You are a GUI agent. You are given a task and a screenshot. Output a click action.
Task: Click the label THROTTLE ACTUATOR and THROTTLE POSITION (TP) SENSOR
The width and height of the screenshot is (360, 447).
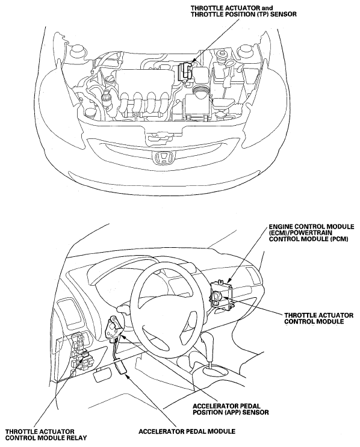pyautogui.click(x=244, y=11)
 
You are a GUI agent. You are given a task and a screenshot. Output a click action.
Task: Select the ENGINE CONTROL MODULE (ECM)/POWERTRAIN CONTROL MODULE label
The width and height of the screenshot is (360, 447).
pyautogui.click(x=311, y=233)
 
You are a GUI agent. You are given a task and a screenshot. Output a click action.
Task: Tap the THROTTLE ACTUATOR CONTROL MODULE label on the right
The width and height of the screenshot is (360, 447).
pyautogui.click(x=318, y=318)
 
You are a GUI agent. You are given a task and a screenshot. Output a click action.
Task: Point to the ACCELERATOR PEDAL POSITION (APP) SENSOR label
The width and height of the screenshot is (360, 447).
pyautogui.click(x=231, y=409)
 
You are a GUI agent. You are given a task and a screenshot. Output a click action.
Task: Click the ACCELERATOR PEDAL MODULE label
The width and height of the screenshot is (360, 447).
pyautogui.click(x=187, y=431)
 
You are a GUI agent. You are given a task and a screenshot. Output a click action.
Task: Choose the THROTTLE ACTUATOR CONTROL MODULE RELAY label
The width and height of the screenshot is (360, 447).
pyautogui.click(x=46, y=435)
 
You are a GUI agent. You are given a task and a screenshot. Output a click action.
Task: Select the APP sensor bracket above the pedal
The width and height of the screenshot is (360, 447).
pyautogui.click(x=114, y=328)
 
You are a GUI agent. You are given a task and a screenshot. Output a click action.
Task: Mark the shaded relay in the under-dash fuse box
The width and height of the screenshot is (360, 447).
pyautogui.click(x=85, y=355)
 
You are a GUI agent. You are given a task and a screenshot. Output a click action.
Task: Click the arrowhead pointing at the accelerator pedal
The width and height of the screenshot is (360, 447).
pyautogui.click(x=128, y=377)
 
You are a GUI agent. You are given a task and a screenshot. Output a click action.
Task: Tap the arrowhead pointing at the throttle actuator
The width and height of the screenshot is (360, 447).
pyautogui.click(x=191, y=62)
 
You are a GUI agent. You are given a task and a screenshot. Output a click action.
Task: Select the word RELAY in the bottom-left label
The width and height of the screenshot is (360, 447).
pyautogui.click(x=76, y=438)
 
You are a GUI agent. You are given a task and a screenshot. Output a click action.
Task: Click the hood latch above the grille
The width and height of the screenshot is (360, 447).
pyautogui.click(x=158, y=137)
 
